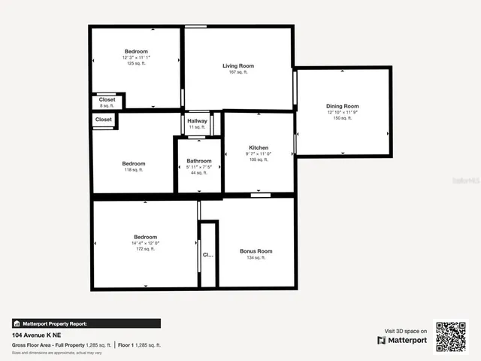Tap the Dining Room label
point(342,106)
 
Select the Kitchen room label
point(259,147)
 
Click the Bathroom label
point(199,161)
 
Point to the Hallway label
point(197,121)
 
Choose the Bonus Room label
point(256,251)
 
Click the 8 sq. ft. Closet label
point(107,99)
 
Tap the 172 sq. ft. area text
point(146,249)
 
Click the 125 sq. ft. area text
point(136,63)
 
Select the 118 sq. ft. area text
point(134,170)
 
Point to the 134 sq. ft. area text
point(256,258)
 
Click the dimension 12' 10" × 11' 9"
point(342,113)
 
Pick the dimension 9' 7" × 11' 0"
point(259,153)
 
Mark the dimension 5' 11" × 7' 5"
point(199,167)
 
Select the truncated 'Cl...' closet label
point(208,255)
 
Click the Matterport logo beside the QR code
point(402,340)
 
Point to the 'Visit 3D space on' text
point(406,331)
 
